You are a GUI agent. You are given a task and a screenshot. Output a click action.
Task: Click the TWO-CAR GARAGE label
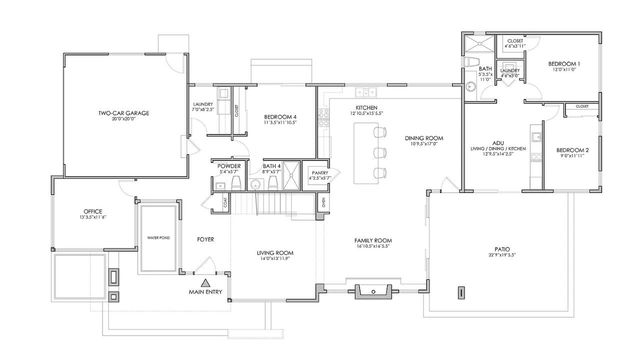click(124, 114)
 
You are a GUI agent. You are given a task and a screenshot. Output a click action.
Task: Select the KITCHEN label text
click(366, 106)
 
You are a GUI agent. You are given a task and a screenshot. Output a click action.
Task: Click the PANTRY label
click(318, 173)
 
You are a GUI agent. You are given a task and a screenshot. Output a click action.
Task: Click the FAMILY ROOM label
click(372, 240)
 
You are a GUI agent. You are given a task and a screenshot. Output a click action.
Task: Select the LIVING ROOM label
click(272, 254)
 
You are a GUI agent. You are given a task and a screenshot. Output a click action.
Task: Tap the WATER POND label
click(157, 237)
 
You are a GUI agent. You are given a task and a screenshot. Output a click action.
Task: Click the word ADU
click(497, 143)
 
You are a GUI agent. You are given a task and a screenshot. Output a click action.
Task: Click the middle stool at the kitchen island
click(381, 155)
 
